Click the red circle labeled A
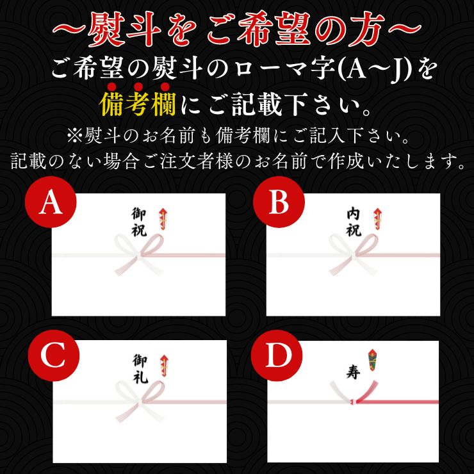[51, 202]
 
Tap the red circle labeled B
[279, 202]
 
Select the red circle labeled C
[54, 355]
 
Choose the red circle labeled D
[277, 355]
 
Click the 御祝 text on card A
[139, 222]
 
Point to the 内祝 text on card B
[354, 222]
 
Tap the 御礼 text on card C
[140, 369]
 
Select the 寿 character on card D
[353, 372]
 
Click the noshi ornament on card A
[163, 219]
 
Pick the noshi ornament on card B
[377, 219]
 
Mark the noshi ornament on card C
[165, 366]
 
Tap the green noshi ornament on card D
[372, 360]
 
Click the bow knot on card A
[140, 255]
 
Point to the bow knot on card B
[354, 255]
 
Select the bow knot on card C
[140, 402]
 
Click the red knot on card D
[353, 402]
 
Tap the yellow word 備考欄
[138, 104]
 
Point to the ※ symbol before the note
[74, 136]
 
